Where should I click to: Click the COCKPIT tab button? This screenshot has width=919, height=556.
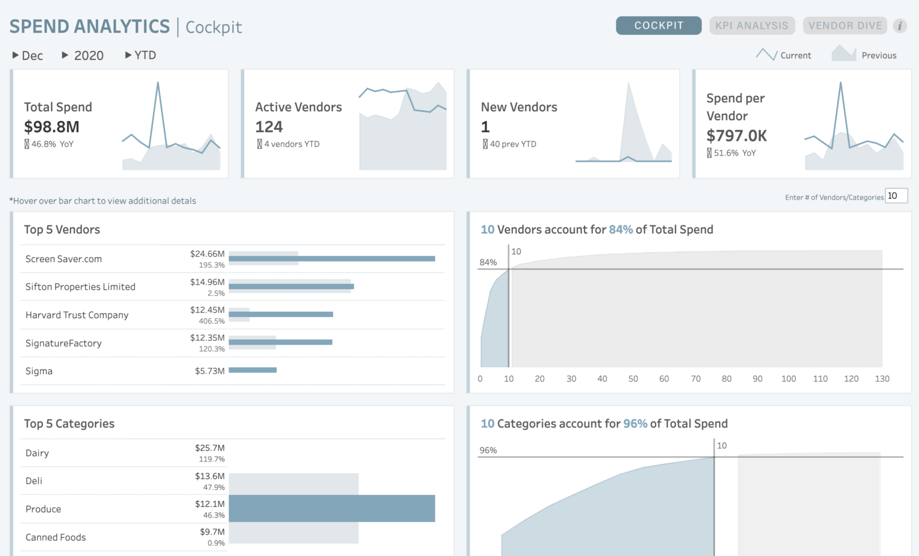658,26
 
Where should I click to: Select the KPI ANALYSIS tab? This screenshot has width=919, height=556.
751,26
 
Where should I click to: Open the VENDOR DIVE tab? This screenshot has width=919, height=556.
845,26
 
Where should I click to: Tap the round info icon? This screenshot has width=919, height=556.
899,26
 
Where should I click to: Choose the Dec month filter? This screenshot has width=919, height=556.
28,56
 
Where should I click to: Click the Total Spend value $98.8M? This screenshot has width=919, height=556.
51,127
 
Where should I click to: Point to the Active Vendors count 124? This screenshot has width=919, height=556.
269,127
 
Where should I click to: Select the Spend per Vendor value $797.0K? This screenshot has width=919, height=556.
736,136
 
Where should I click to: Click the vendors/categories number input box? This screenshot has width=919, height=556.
896,196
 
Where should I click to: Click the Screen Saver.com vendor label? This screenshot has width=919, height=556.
63,259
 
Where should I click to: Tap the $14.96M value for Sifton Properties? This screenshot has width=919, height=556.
207,282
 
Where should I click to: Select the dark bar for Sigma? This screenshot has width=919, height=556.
252,370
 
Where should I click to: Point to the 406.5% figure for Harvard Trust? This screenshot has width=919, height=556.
212,321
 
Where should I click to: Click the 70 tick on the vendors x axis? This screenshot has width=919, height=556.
695,379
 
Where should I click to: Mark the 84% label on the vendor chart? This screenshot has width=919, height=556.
488,262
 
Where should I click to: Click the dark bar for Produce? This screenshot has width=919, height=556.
331,508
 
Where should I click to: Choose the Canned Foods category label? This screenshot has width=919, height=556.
56,537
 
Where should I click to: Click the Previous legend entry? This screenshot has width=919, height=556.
878,56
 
